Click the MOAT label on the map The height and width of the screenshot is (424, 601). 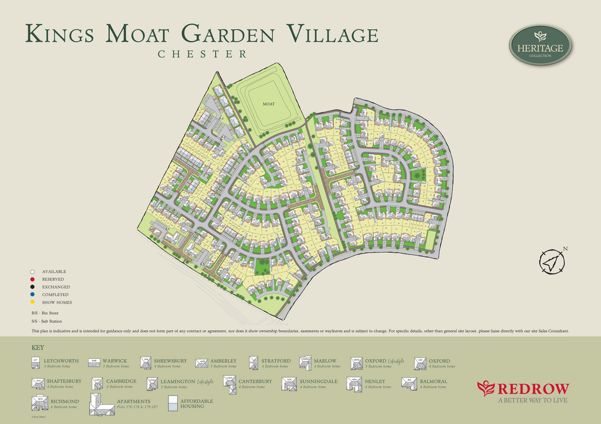click(x=268, y=104)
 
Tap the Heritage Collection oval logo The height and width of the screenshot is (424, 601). click(x=540, y=45)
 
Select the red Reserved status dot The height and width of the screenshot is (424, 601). click(x=33, y=280)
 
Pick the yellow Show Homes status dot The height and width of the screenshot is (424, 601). click(x=33, y=303)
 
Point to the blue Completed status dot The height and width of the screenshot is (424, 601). click(x=33, y=295)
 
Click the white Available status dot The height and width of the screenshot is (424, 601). click(x=33, y=272)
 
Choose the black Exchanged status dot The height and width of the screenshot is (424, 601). click(x=33, y=287)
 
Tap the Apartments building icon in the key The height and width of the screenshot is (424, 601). click(x=102, y=403)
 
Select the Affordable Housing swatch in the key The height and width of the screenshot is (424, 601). click(x=173, y=402)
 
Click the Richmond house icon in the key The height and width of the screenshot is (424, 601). click(x=40, y=403)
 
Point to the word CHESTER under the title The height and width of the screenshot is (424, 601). click(x=202, y=54)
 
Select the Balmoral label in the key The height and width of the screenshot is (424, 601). click(x=433, y=382)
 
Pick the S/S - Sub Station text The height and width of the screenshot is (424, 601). click(x=47, y=321)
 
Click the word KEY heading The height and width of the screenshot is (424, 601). click(x=38, y=348)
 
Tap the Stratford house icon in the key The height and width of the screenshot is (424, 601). click(x=254, y=363)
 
